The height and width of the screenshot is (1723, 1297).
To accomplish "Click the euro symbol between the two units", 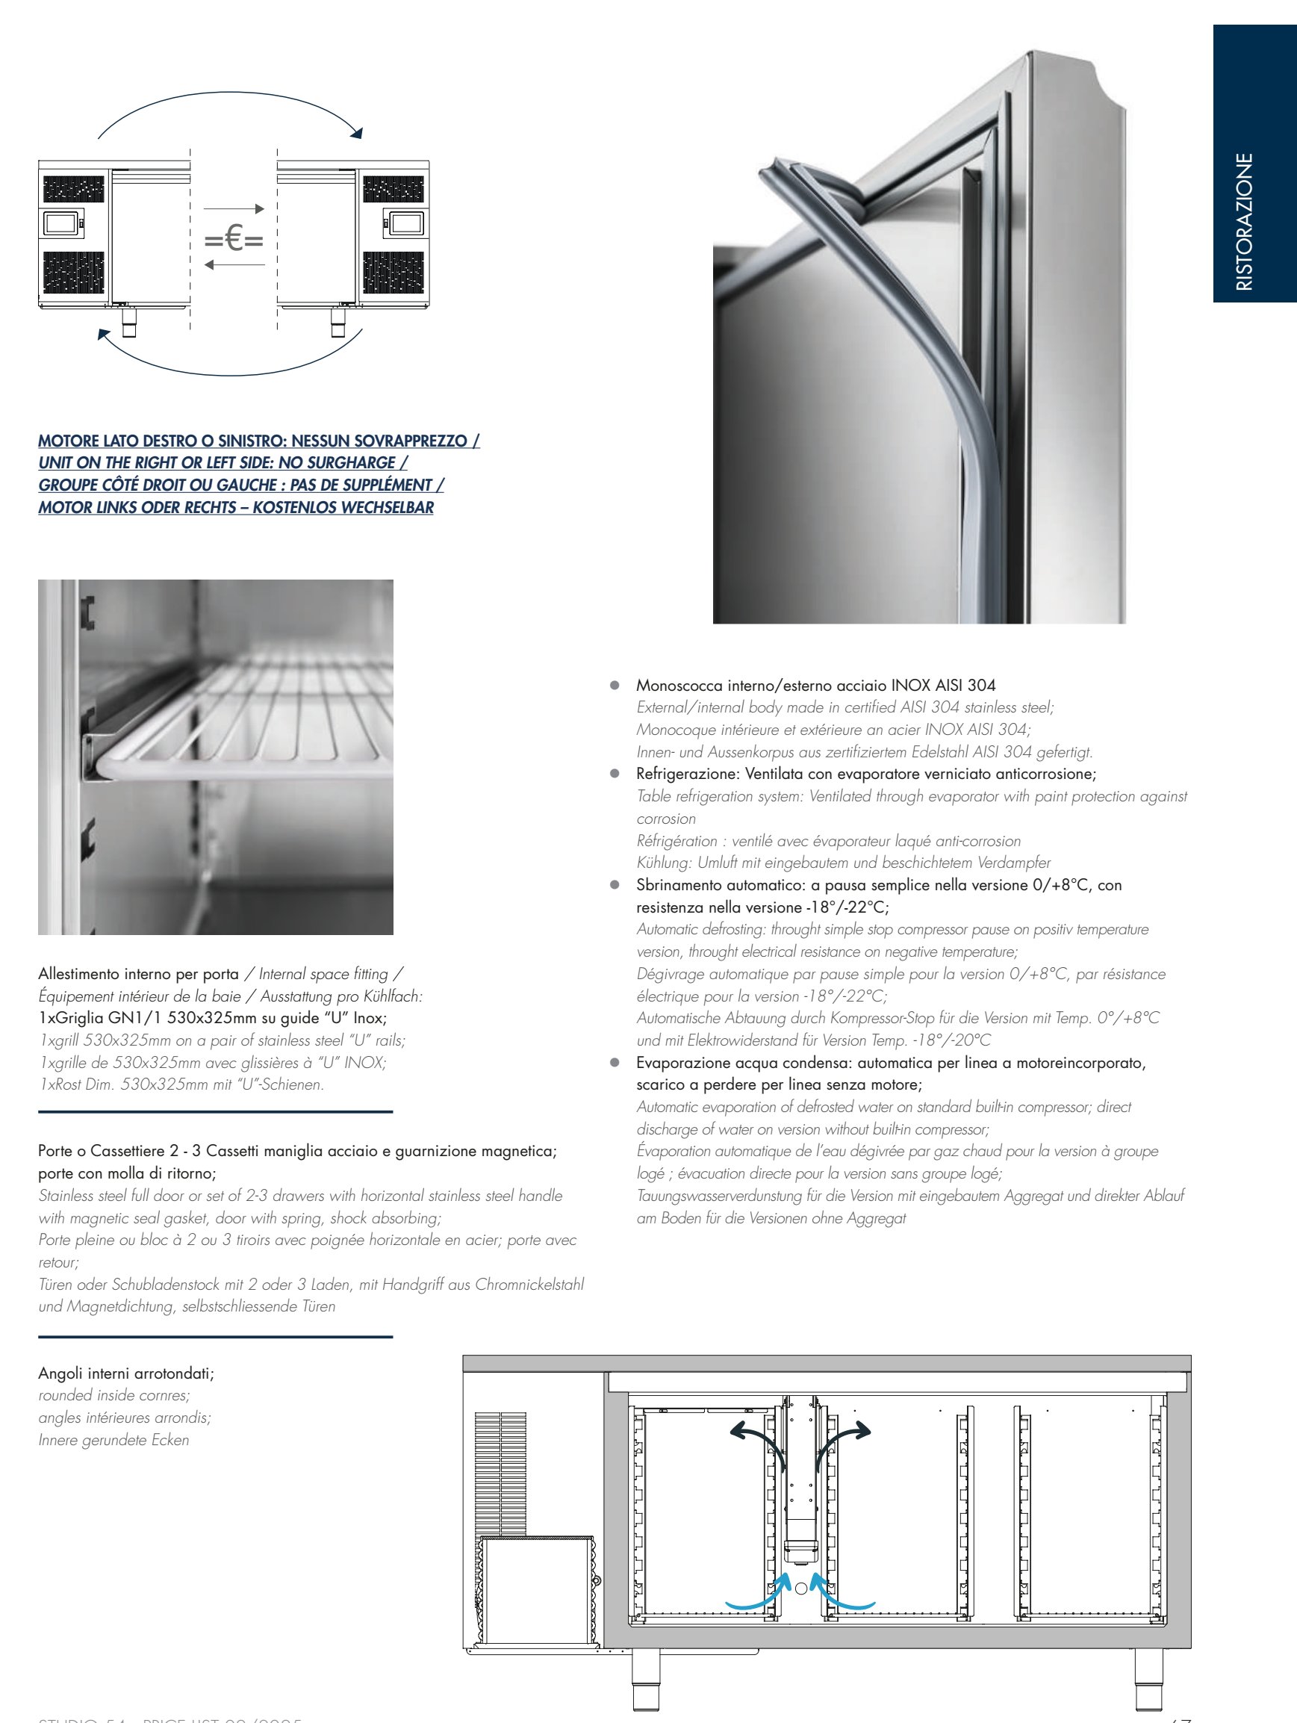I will click(x=234, y=239).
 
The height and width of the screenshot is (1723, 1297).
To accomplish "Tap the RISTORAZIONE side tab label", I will click(x=1244, y=221).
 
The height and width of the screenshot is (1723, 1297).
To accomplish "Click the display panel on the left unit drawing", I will click(x=60, y=223).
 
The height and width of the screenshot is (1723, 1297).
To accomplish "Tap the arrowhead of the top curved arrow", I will click(x=357, y=133).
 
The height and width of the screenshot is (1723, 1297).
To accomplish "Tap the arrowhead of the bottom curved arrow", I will click(x=104, y=334).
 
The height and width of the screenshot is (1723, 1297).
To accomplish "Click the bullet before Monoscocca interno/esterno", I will click(x=614, y=686).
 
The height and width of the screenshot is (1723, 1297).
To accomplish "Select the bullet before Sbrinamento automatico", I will click(x=614, y=886).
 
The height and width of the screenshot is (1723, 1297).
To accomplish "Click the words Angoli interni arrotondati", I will click(x=126, y=1373).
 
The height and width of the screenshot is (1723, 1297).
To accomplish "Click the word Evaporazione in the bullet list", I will click(x=678, y=1064).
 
